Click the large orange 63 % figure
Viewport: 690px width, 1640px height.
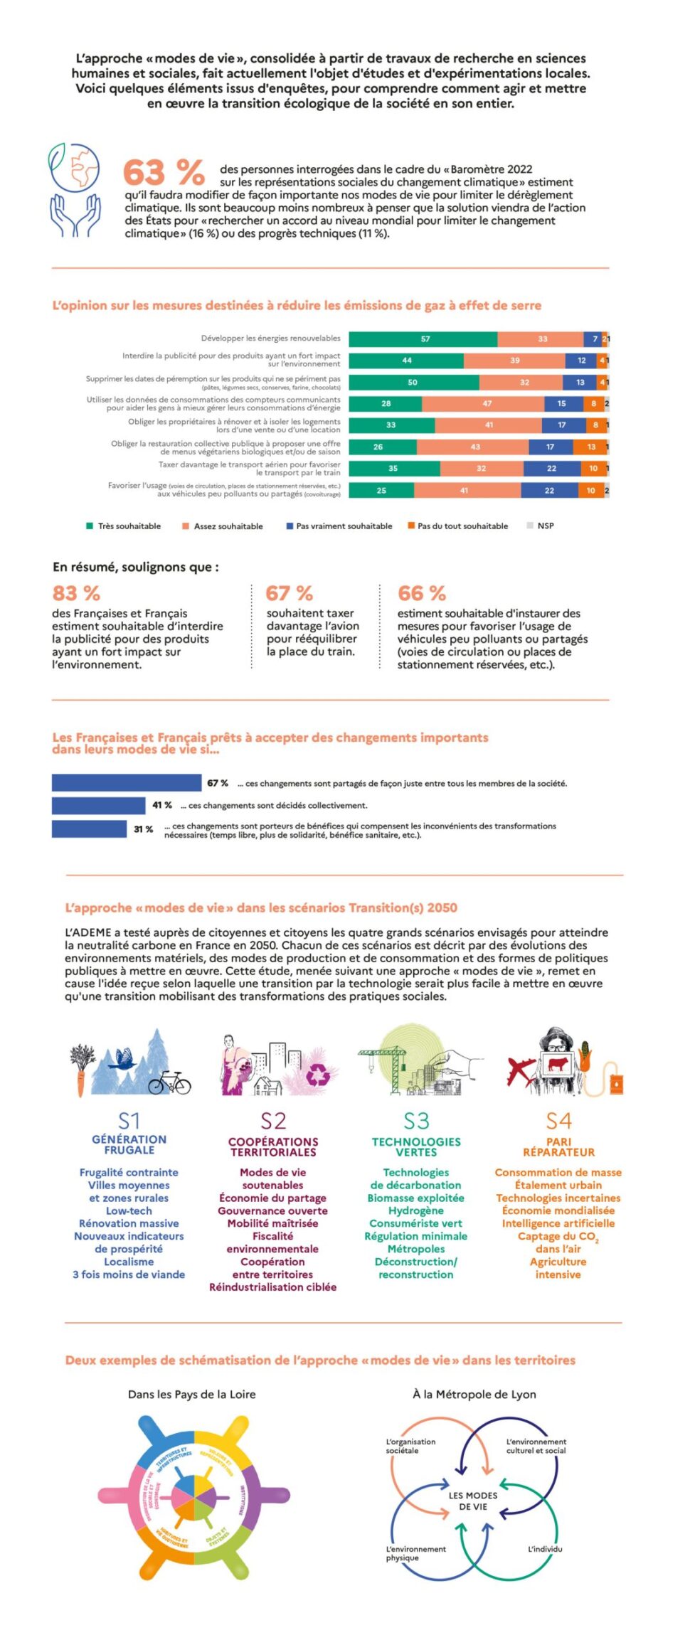pyautogui.click(x=164, y=172)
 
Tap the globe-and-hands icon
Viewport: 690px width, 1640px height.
pyautogui.click(x=75, y=190)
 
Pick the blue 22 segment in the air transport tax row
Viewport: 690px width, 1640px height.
pyautogui.click(x=552, y=469)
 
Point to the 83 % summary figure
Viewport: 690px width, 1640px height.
pyautogui.click(x=76, y=593)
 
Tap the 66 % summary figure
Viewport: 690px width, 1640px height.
pyautogui.click(x=422, y=593)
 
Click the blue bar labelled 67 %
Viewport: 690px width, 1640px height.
pyautogui.click(x=127, y=783)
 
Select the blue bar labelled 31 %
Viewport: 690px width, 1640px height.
pyautogui.click(x=89, y=829)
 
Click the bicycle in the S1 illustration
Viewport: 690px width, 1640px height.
pyautogui.click(x=169, y=1083)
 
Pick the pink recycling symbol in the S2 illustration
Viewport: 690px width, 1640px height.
pyautogui.click(x=318, y=1075)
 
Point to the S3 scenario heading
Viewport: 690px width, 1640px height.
pyautogui.click(x=416, y=1122)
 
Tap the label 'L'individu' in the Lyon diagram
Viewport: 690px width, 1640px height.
pyautogui.click(x=544, y=1549)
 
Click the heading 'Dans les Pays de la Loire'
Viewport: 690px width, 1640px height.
pyautogui.click(x=191, y=1395)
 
